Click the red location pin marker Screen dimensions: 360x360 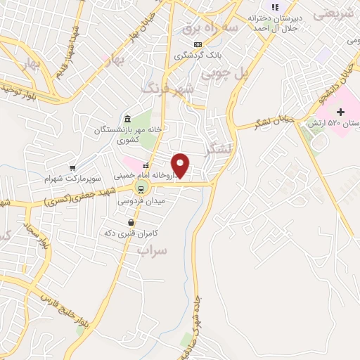[x=181, y=166]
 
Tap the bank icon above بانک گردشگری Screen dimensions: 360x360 [x=198, y=45]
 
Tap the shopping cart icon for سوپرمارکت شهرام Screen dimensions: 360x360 [x=72, y=168]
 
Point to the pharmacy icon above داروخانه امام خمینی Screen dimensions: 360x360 [x=146, y=165]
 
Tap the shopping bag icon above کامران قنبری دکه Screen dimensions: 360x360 [x=131, y=222]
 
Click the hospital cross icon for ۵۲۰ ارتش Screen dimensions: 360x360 [x=341, y=112]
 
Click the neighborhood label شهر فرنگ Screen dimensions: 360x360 [x=167, y=89]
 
